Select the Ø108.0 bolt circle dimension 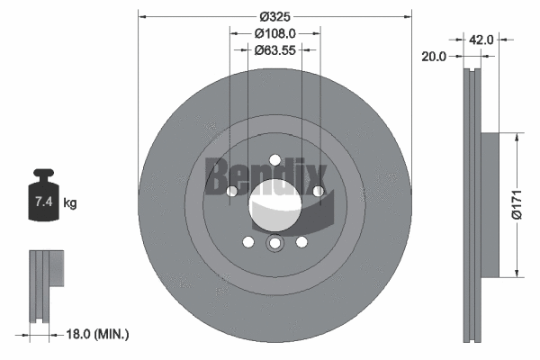(x=274, y=33)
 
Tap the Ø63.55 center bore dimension (x=274, y=50)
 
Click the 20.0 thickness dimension (x=434, y=56)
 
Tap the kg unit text (x=70, y=204)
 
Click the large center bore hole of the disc (x=274, y=202)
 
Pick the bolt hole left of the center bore (x=231, y=191)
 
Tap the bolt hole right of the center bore (x=318, y=191)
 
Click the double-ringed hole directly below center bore (x=274, y=244)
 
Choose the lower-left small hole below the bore (x=247, y=241)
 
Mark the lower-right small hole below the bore (x=301, y=241)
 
